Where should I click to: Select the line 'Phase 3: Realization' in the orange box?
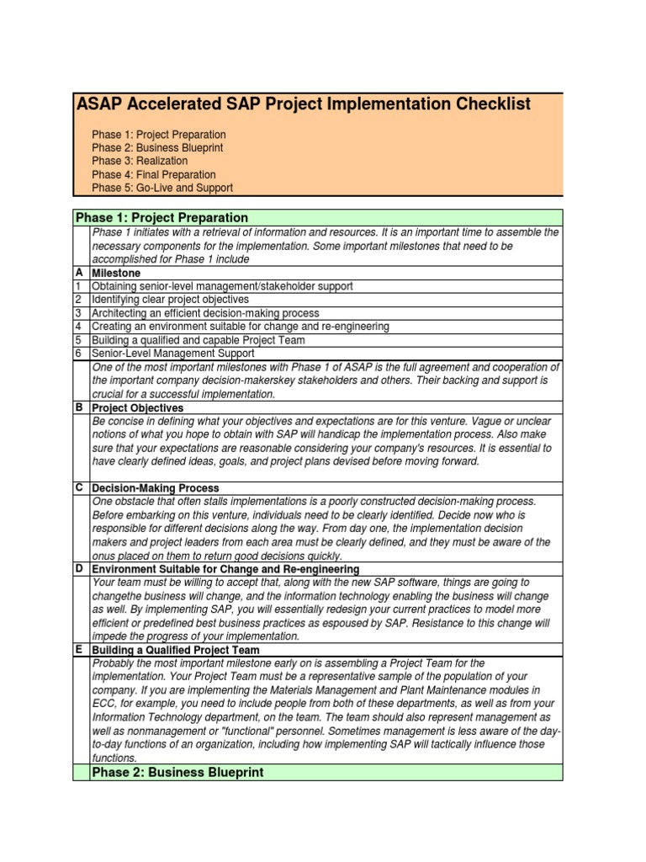140,161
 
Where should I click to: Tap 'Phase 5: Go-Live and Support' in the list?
162,188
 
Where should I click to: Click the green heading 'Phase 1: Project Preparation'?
161,218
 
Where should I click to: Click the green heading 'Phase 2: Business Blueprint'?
177,772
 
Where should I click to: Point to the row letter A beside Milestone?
78,274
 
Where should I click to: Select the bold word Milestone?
116,274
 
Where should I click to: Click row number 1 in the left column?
78,286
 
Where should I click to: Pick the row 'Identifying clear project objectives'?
170,300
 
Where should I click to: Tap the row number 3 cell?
78,313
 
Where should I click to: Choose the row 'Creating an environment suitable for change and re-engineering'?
240,327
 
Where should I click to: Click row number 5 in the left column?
78,340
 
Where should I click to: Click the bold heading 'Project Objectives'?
137,407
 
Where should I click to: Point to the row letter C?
78,487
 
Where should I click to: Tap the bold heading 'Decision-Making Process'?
155,488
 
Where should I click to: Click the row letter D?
78,568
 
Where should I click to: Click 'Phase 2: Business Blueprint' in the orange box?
157,148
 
